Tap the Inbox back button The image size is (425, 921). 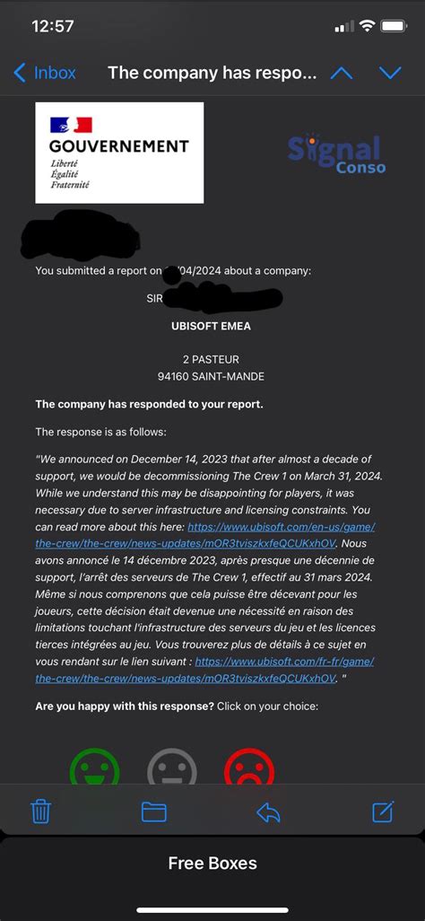[45, 74]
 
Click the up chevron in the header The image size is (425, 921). [342, 74]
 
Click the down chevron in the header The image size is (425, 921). [390, 74]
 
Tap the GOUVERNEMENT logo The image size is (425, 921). [119, 153]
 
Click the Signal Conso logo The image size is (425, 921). [336, 153]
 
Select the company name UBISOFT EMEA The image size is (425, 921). [212, 327]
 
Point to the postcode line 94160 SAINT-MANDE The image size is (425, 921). [212, 376]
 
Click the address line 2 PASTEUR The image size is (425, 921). [212, 359]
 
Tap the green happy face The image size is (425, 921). [94, 768]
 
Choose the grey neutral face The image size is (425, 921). [171, 768]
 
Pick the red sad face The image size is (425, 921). [249, 768]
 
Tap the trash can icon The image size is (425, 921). [40, 812]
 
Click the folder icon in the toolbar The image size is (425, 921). [154, 812]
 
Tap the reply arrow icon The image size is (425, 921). [268, 812]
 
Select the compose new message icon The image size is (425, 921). [383, 811]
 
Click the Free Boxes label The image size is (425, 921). [212, 864]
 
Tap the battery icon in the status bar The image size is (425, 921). [395, 26]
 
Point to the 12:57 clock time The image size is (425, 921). [53, 26]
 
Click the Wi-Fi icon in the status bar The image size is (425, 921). [367, 26]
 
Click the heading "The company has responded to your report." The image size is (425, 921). [149, 404]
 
